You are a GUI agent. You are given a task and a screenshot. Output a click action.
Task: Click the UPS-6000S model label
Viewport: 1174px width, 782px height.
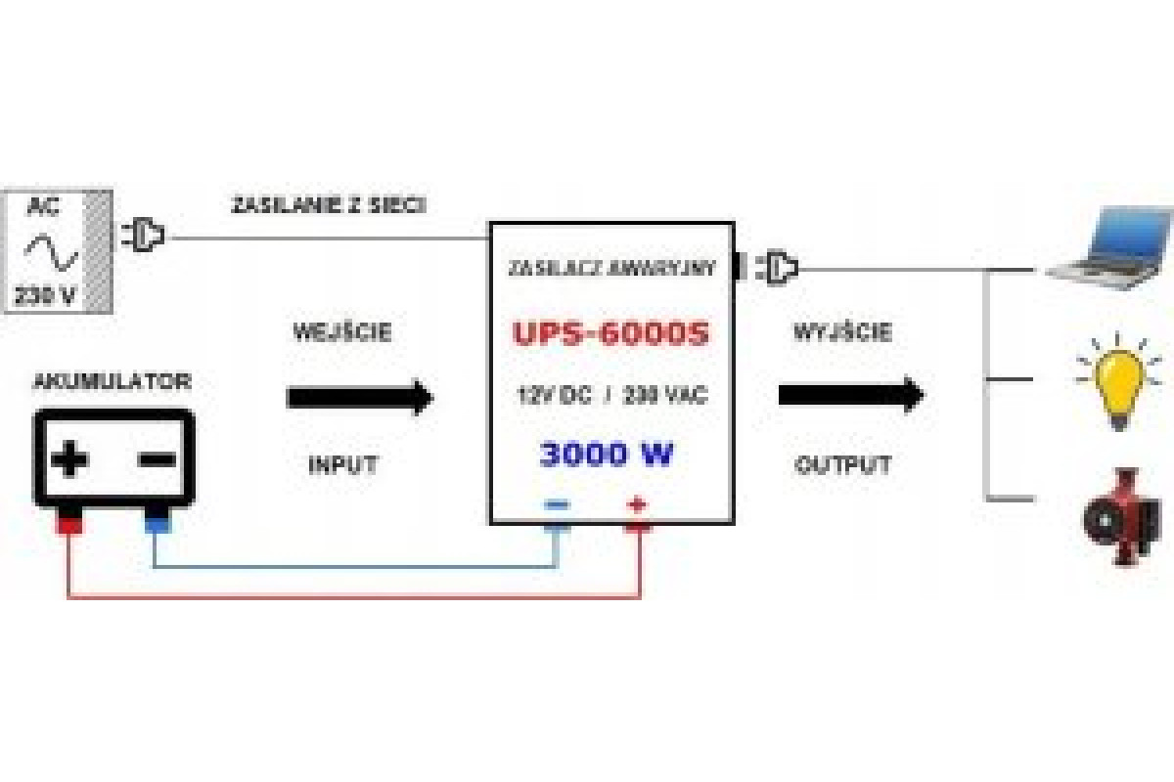click(x=610, y=334)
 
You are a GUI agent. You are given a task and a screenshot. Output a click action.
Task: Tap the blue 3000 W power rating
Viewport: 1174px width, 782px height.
click(x=608, y=455)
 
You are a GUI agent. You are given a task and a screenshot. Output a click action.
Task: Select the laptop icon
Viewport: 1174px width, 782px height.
click(x=1108, y=250)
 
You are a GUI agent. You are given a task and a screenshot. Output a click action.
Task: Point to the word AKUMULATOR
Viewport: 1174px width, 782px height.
click(x=113, y=381)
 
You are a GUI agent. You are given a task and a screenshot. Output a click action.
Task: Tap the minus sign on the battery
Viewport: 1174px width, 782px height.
click(x=157, y=458)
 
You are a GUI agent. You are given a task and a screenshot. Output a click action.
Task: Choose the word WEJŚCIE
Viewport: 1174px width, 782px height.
click(x=342, y=331)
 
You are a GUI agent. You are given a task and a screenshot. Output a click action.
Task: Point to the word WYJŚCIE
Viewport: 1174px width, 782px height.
click(x=843, y=331)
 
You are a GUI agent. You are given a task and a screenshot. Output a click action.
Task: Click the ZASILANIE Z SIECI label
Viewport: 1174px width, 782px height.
click(x=328, y=206)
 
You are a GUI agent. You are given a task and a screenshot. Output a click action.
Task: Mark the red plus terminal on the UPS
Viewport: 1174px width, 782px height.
click(x=638, y=506)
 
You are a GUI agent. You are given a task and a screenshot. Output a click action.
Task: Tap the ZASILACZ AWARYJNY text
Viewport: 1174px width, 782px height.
click(x=611, y=267)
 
